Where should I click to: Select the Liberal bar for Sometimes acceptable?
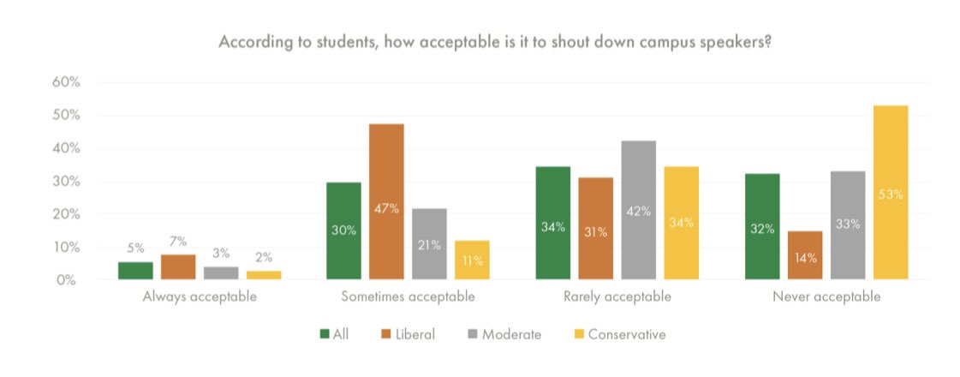(386, 201)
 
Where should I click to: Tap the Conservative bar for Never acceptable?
(891, 193)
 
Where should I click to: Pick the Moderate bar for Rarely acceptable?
(639, 210)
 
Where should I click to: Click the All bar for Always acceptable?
(135, 270)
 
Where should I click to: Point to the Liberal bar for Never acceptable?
(805, 255)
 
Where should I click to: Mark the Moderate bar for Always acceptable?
(221, 272)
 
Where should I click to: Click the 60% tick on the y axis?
(66, 82)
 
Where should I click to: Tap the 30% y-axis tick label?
(66, 182)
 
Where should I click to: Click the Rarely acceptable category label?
(617, 297)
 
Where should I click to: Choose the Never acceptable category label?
(827, 297)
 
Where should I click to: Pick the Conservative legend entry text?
(629, 334)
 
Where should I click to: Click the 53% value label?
(891, 194)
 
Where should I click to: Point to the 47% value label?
(386, 208)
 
